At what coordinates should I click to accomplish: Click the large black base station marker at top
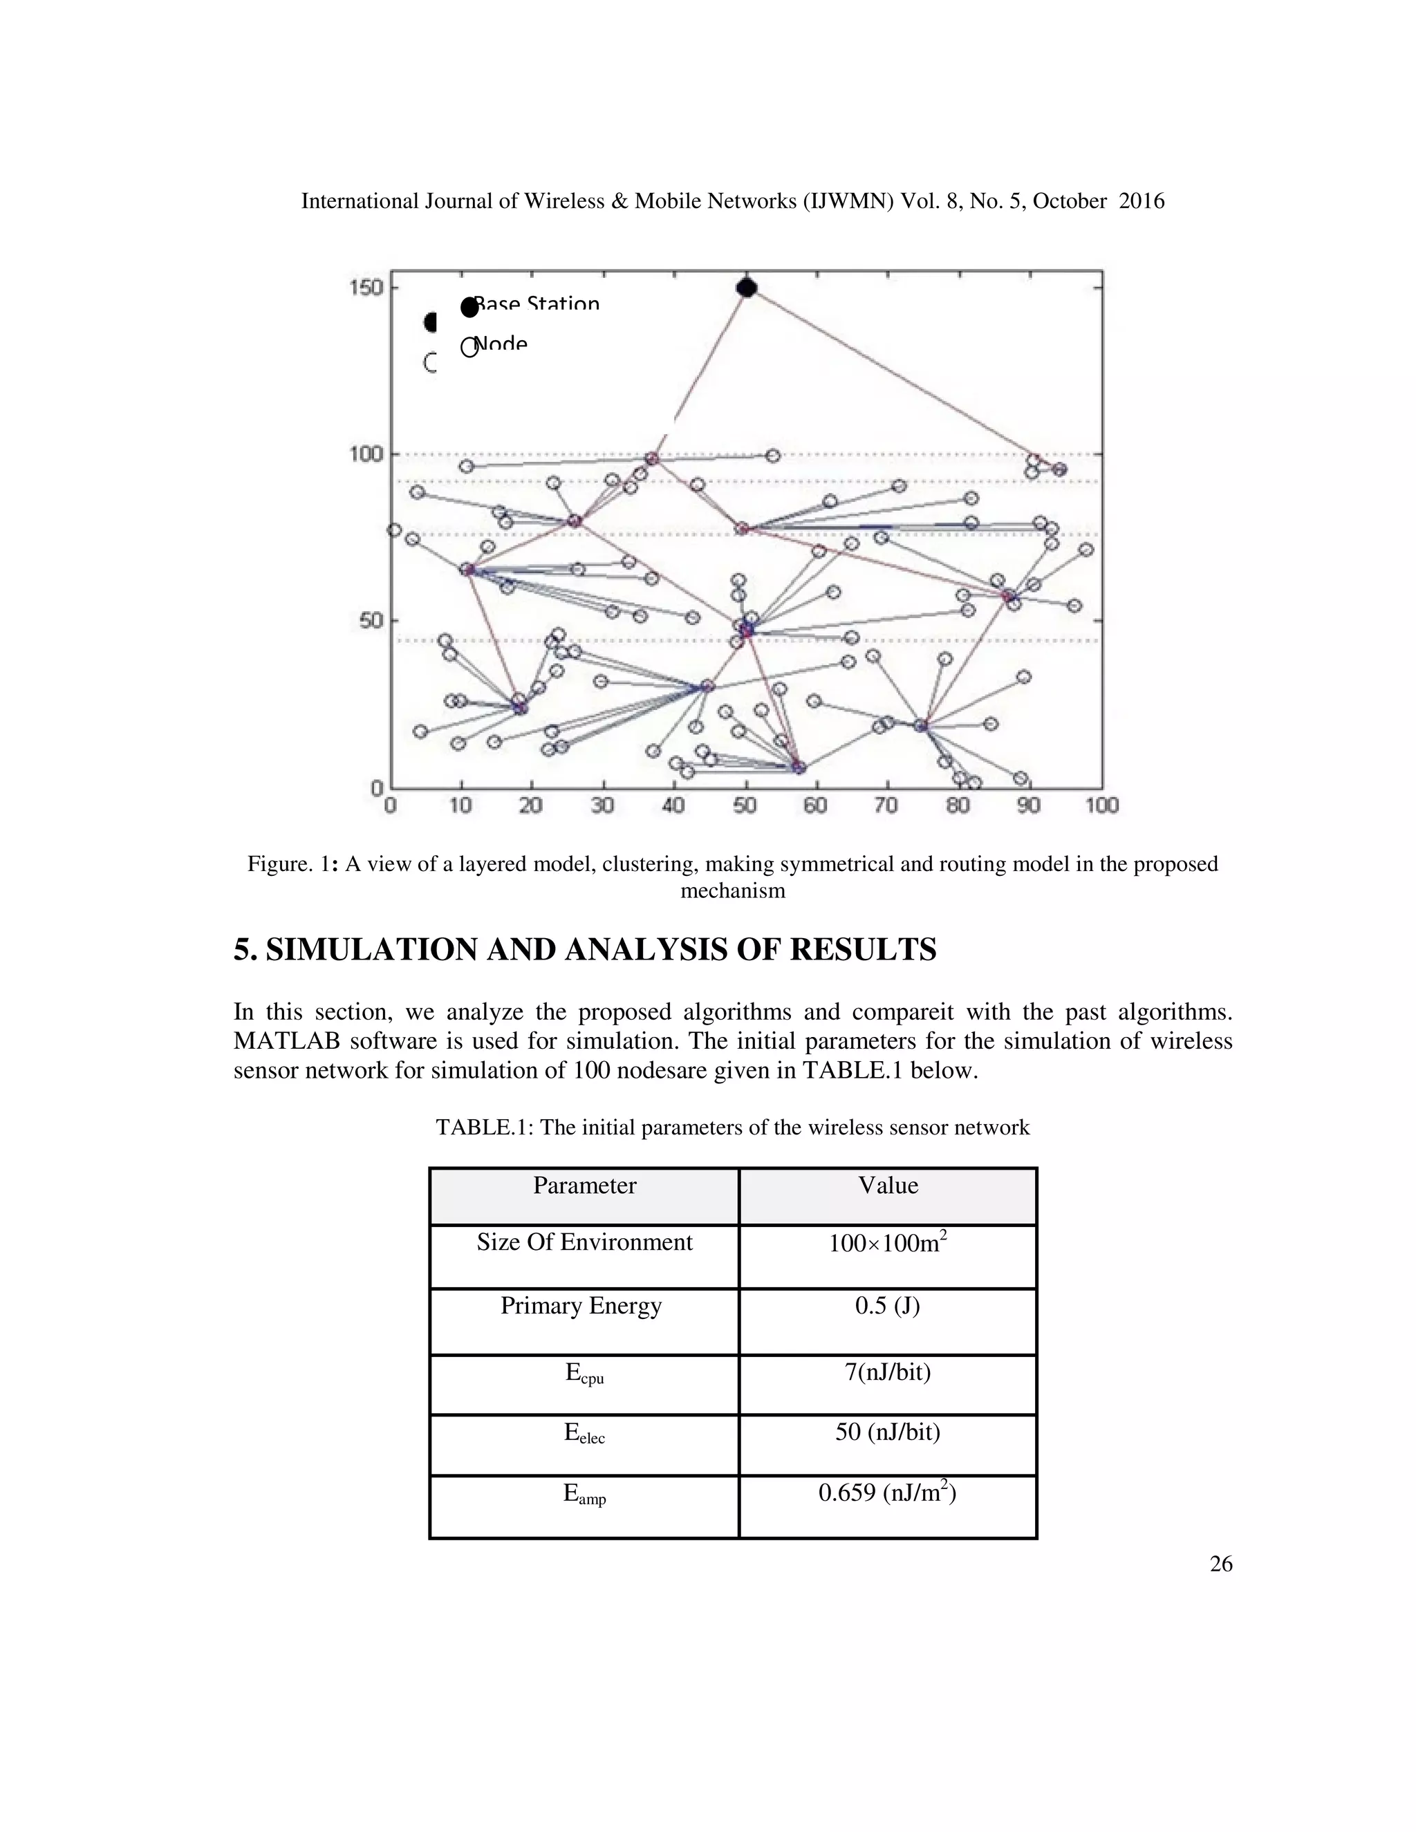coord(747,288)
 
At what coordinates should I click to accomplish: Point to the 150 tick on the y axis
coord(366,288)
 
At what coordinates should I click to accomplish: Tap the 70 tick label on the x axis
coord(886,806)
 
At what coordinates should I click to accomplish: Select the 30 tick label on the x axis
coord(602,806)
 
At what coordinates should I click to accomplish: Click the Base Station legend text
coord(537,303)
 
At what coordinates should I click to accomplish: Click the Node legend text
coord(501,344)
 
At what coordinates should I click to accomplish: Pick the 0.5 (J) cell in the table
coord(888,1306)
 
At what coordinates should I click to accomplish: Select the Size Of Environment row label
coord(585,1242)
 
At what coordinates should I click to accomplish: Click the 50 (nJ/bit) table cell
coord(888,1432)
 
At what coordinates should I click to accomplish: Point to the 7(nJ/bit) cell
coord(888,1372)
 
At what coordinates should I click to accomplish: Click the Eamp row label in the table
coord(585,1494)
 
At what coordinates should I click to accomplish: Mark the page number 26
coord(1220,1564)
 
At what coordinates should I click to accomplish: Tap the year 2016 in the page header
coord(1142,201)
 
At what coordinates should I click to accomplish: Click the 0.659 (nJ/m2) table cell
coord(888,1493)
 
